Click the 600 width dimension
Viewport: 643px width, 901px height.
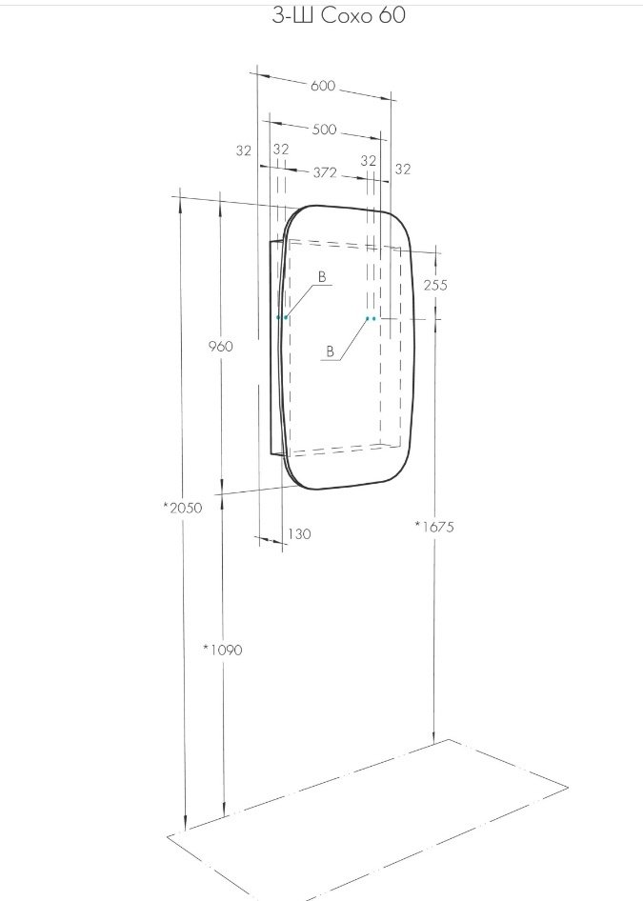322,86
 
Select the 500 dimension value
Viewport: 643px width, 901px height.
324,130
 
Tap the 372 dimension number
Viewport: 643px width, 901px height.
325,171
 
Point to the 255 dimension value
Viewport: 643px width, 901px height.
435,285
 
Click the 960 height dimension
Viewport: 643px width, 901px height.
221,346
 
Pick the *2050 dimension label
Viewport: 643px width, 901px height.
183,508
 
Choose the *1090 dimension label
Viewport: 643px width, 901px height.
223,650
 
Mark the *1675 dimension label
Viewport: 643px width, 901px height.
434,527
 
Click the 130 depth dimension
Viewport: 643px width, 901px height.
299,534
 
